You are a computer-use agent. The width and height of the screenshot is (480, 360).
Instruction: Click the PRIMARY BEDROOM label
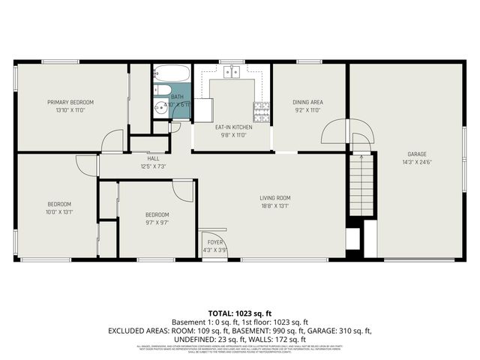coord(70,102)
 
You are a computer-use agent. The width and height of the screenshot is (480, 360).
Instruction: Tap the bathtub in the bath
coord(172,75)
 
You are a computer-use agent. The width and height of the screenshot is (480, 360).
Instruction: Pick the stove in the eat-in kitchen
coord(262,111)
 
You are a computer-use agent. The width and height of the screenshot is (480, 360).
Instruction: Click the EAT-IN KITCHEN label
coord(234,127)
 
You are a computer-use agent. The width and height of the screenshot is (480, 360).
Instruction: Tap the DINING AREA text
coord(307,102)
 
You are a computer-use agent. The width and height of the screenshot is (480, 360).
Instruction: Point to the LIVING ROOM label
coord(276,198)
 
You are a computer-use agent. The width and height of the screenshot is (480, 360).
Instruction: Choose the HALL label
coord(153,158)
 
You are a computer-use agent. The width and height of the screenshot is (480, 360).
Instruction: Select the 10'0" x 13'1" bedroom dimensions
coord(60,211)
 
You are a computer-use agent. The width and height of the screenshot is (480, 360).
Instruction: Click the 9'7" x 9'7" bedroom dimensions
coord(157,221)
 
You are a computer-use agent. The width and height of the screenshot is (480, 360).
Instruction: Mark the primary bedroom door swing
coord(112,139)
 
